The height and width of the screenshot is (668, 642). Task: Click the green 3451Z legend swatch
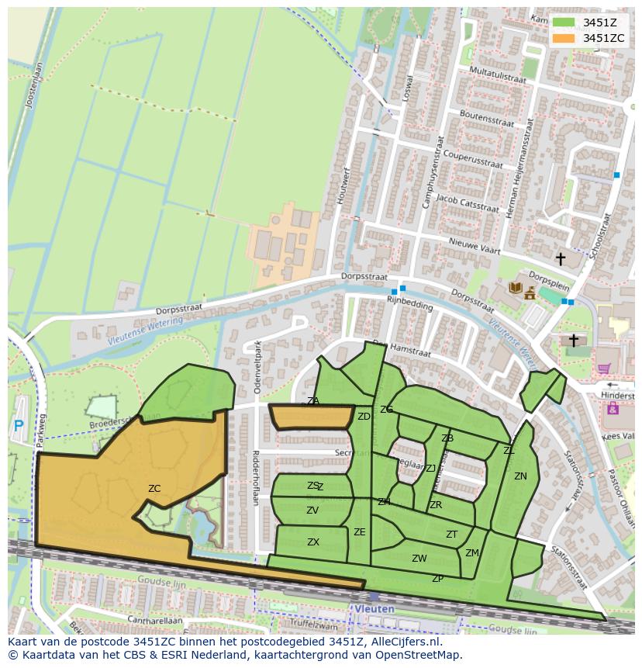[564, 22]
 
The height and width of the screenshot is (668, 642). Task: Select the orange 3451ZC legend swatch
[564, 38]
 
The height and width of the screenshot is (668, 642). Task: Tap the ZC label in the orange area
[154, 489]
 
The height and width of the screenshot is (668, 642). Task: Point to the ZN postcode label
[520, 476]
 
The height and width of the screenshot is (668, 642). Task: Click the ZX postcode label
[313, 542]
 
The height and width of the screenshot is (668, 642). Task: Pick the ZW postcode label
[419, 559]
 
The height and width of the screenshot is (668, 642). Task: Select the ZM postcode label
[472, 553]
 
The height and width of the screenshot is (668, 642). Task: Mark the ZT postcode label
[452, 535]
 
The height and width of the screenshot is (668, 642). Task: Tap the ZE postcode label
[360, 532]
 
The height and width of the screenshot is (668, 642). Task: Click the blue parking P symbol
[19, 425]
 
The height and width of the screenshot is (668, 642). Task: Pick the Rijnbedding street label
[410, 305]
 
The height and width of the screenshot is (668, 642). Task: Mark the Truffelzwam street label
[328, 625]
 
